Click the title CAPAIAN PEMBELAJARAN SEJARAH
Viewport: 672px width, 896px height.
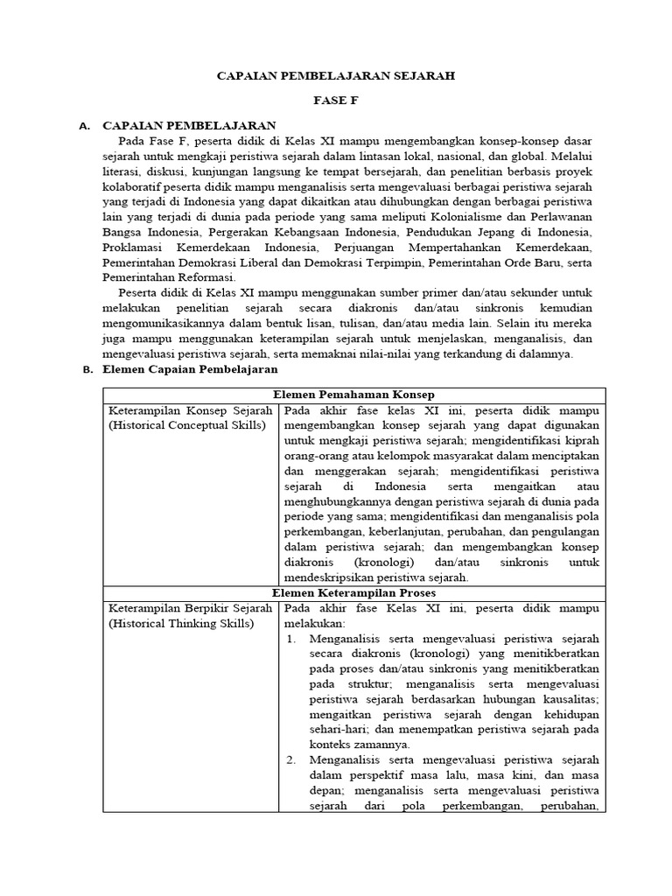point(336,76)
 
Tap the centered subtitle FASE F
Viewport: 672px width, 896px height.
point(336,101)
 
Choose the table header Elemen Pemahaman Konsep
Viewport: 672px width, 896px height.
point(353,395)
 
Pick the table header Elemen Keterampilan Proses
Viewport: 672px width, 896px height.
point(353,592)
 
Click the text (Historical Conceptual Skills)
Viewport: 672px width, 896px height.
point(185,426)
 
